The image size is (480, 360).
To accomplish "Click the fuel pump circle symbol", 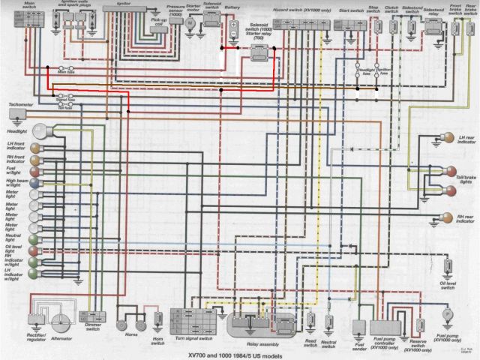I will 445,313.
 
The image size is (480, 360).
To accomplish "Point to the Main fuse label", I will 67,73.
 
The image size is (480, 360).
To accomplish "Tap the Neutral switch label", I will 327,343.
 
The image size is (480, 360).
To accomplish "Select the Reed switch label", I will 308,343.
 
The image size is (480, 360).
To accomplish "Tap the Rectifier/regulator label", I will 32,338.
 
